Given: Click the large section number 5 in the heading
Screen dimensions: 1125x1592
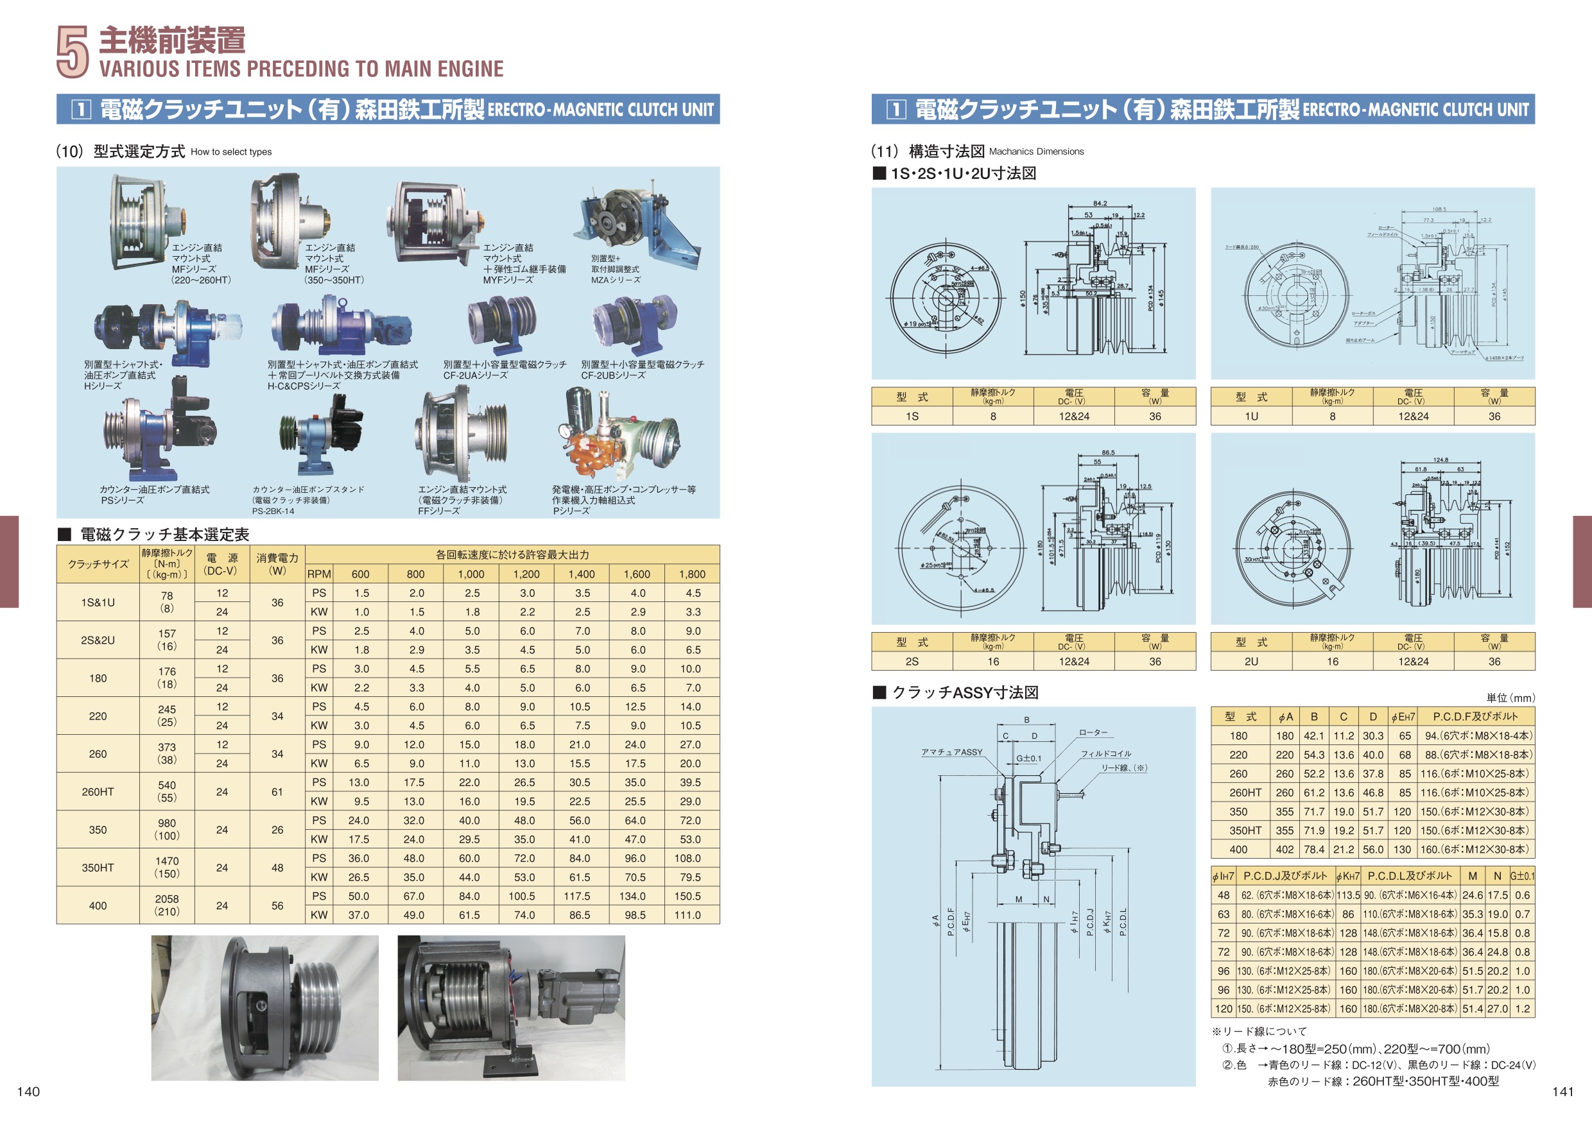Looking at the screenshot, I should [x=72, y=52].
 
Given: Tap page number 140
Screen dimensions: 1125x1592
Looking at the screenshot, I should [x=28, y=1092].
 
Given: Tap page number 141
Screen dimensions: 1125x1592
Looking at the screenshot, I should [x=1563, y=1092].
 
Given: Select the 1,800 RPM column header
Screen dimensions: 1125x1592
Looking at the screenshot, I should [x=692, y=574].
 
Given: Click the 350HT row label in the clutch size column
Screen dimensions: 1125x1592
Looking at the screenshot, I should [x=98, y=868].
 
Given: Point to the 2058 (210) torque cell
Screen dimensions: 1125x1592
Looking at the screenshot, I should [x=166, y=906].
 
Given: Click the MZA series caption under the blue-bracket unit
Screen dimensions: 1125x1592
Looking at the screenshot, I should [x=616, y=280].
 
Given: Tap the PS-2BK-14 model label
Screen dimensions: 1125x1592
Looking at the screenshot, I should [x=273, y=511].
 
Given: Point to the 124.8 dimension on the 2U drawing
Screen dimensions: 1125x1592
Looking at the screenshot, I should [x=1441, y=459].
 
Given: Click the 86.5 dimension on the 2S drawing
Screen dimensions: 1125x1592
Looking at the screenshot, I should [x=1108, y=452].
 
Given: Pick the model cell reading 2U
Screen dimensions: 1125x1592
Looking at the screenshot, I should [x=1251, y=662].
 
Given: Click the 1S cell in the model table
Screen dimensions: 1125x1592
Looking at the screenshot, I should [x=912, y=417].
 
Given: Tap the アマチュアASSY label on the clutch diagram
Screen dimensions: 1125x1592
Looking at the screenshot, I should [x=951, y=752].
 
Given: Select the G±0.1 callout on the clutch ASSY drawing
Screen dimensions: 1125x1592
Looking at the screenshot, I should [x=1029, y=759].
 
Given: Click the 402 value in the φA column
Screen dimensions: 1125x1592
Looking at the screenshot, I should [x=1285, y=849].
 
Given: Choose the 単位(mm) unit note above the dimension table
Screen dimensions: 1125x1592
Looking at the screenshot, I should [x=1510, y=698].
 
